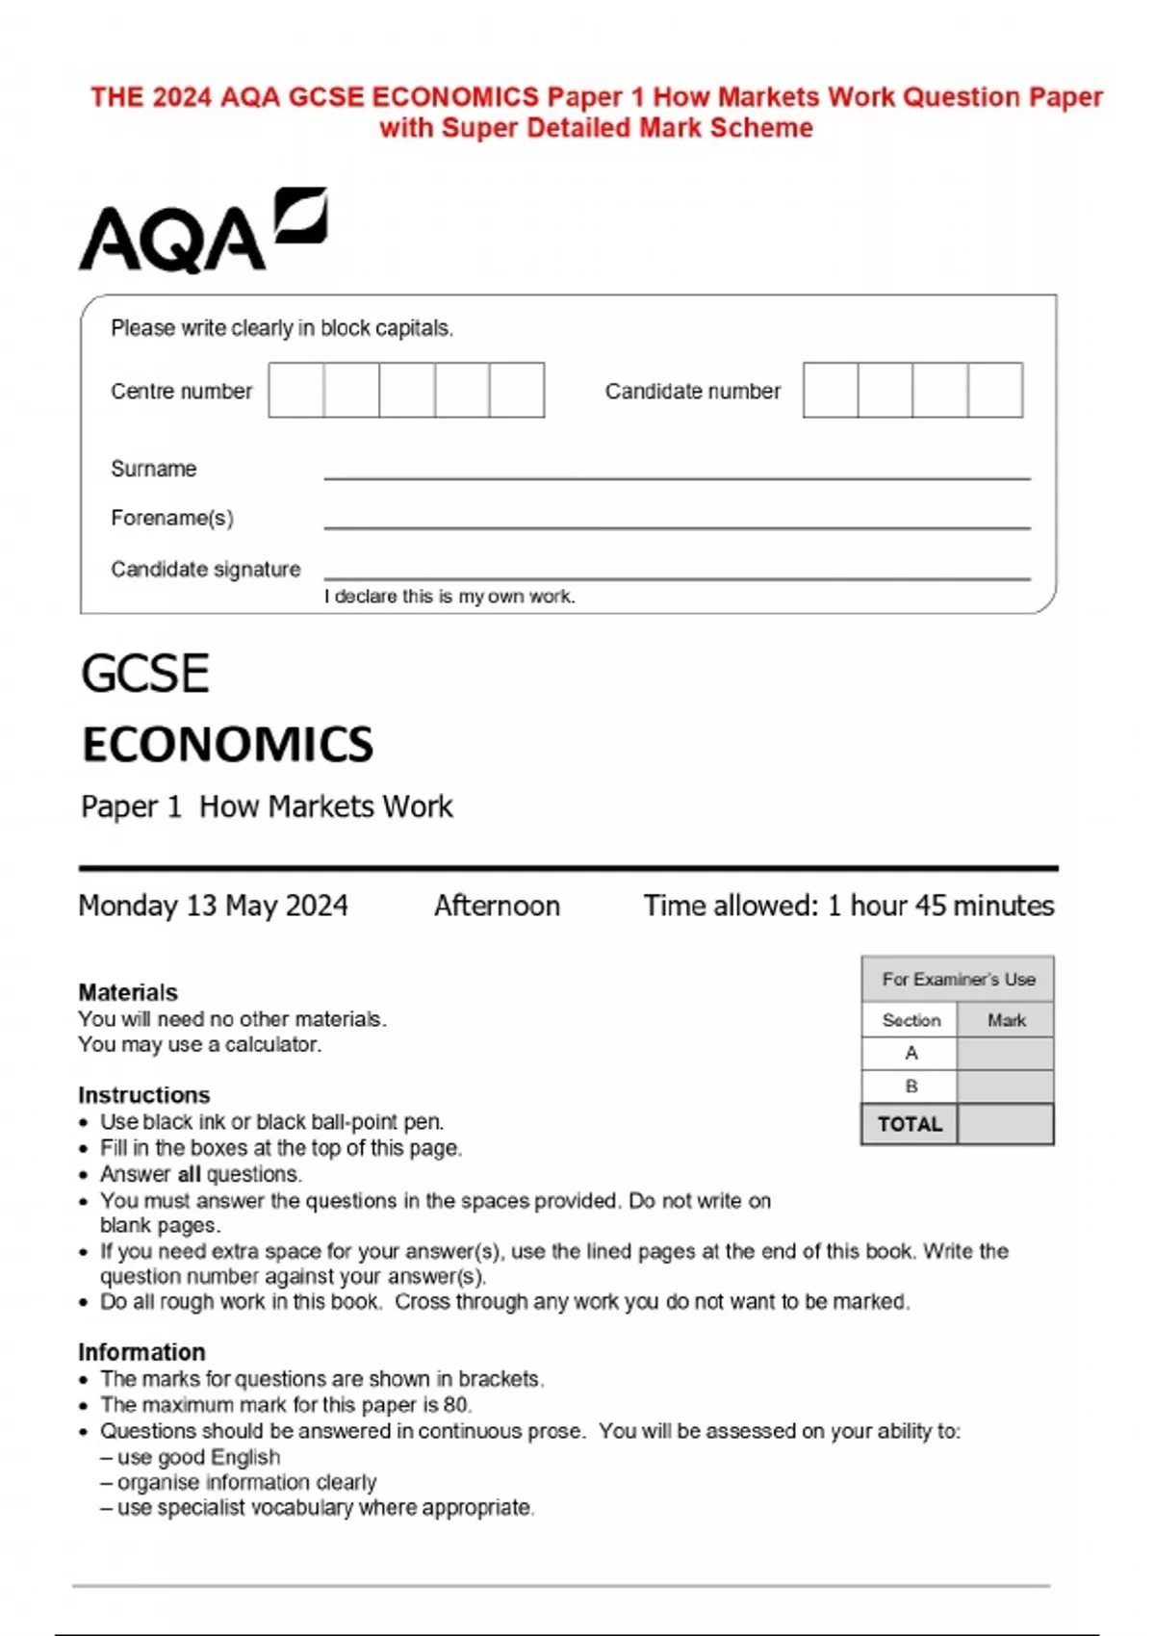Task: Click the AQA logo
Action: [x=202, y=231]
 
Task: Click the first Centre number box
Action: [x=296, y=390]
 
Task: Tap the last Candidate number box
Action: [x=995, y=390]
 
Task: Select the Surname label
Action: [x=154, y=469]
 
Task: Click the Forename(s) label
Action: [x=172, y=518]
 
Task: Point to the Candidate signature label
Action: [x=206, y=569]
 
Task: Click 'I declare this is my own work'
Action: [x=449, y=597]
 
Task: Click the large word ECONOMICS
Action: [x=227, y=744]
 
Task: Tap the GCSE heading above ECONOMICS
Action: [x=145, y=673]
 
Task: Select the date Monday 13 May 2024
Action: [x=213, y=906]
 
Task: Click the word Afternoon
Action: [x=497, y=906]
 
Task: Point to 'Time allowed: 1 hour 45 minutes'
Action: [x=849, y=906]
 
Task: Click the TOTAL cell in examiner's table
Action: [x=910, y=1124]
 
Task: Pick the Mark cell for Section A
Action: [x=1006, y=1053]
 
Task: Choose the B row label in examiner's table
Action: [x=911, y=1086]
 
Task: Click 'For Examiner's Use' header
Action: [x=959, y=980]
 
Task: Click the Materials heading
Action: [x=128, y=992]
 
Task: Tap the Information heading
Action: [x=141, y=1352]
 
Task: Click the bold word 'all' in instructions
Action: [x=190, y=1174]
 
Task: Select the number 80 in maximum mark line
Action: [x=455, y=1405]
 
